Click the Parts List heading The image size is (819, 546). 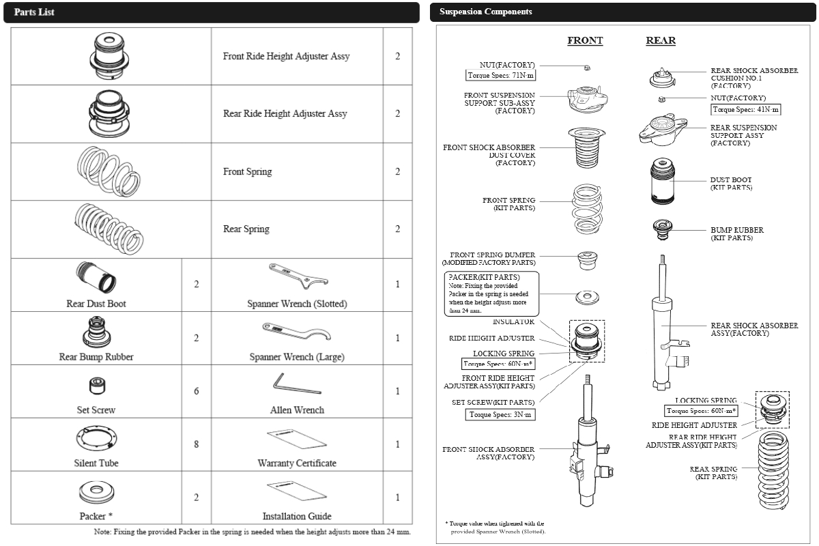click(35, 13)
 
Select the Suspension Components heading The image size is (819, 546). click(485, 12)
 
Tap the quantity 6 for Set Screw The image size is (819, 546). click(197, 391)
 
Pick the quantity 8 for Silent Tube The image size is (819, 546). click(197, 444)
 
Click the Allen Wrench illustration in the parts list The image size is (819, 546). click(296, 384)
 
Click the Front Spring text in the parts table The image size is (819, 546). click(247, 171)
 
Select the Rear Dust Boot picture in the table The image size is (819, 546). click(96, 278)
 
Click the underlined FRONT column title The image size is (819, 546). click(585, 41)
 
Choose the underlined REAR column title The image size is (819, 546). click(661, 41)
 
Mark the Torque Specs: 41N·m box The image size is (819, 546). click(745, 109)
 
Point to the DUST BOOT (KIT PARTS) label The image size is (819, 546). click(731, 184)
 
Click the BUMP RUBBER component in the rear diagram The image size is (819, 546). click(661, 230)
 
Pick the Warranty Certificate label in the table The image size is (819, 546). click(297, 463)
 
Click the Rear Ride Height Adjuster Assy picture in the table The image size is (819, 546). click(110, 114)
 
